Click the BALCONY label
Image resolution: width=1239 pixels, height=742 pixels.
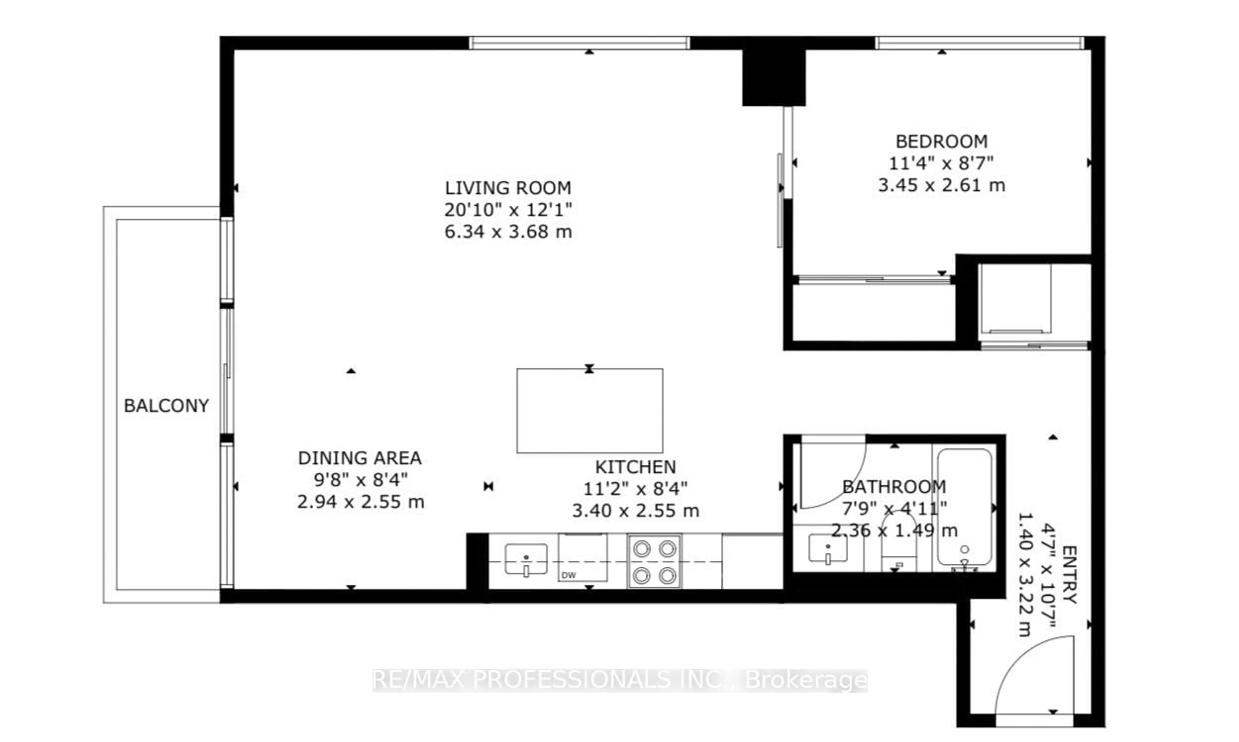coord(166,405)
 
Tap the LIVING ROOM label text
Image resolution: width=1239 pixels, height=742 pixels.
coord(508,188)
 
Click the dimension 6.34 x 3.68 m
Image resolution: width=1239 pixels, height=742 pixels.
coord(508,232)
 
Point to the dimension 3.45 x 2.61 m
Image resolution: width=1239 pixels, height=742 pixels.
coord(941,186)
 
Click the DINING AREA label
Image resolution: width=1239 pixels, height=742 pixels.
coord(360,458)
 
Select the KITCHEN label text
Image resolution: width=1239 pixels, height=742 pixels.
coord(635,467)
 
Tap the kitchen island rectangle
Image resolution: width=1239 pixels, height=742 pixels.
coord(589,411)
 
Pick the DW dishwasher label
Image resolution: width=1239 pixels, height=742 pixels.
coord(569,575)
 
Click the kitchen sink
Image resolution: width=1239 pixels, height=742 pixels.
coord(526,559)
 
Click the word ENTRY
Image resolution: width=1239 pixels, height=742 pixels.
coord(1069,574)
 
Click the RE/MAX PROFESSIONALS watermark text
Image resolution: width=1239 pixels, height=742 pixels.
coord(619,680)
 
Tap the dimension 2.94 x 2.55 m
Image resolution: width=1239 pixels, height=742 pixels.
coord(360,502)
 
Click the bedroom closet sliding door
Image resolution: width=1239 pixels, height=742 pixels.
coord(873,280)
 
